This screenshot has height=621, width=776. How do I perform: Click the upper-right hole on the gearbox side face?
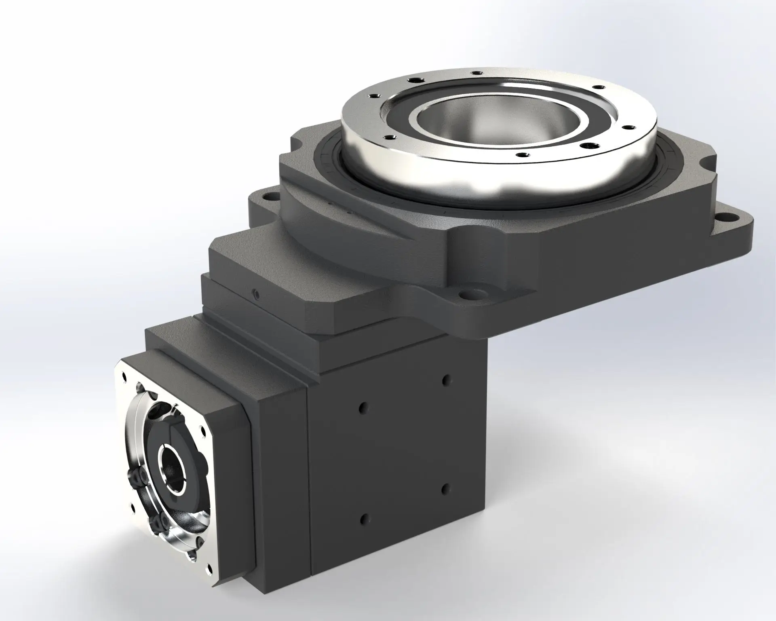point(446,380)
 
